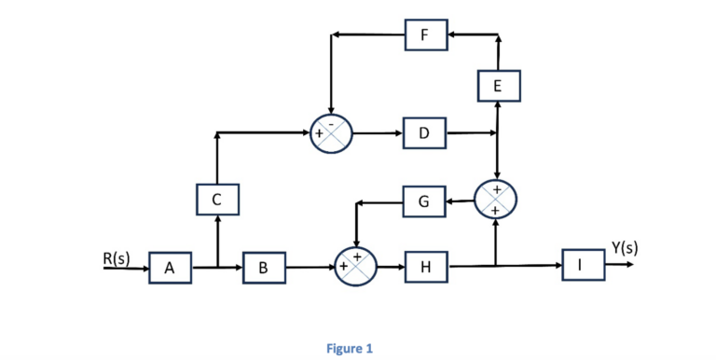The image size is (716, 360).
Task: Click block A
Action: [169, 269]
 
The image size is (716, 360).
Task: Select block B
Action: [264, 269]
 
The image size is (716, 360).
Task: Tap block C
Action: [217, 200]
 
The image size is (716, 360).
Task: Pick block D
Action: [425, 133]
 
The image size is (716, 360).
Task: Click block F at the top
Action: [425, 36]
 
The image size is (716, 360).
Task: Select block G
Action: [425, 201]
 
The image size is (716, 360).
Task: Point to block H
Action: [425, 269]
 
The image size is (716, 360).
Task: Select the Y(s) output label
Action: [626, 247]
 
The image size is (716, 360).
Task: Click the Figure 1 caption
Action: [350, 349]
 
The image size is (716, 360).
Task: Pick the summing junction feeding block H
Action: [355, 267]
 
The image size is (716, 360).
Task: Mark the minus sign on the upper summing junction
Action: [329, 122]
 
